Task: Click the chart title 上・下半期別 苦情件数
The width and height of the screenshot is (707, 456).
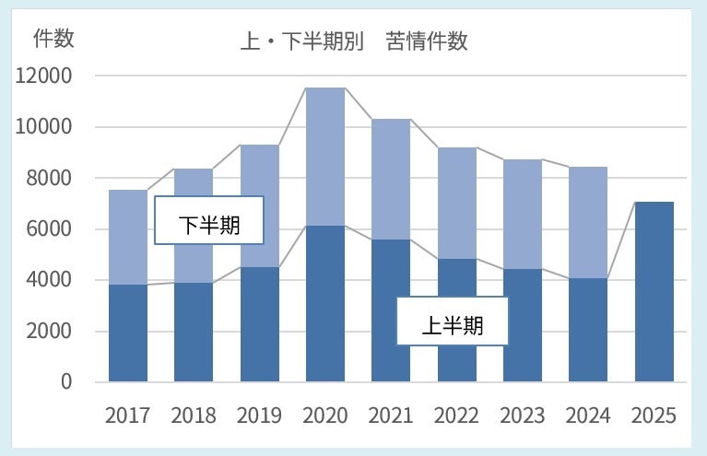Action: click(x=356, y=42)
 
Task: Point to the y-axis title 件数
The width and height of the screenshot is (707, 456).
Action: click(x=53, y=39)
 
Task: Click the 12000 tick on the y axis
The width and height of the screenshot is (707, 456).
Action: click(x=43, y=76)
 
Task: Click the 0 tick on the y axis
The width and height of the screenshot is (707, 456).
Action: click(x=65, y=381)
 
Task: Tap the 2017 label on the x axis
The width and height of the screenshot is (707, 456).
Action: click(x=128, y=415)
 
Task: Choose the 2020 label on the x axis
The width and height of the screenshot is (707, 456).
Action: click(x=325, y=415)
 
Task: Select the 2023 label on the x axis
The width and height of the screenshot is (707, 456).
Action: click(x=523, y=415)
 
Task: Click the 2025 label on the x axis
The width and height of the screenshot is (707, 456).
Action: click(x=654, y=415)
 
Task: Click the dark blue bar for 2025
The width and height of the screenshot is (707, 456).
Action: click(x=654, y=291)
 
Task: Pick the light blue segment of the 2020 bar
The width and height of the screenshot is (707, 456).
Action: click(x=325, y=157)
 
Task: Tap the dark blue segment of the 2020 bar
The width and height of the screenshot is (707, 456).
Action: click(x=325, y=303)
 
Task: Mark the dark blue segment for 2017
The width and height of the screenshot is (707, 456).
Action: click(x=128, y=333)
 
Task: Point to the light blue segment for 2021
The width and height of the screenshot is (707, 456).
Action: click(x=391, y=179)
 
